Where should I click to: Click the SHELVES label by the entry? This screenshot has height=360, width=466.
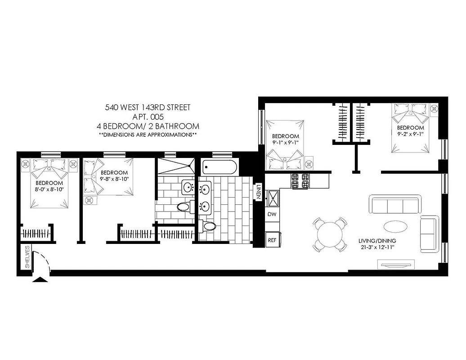pos(27,257)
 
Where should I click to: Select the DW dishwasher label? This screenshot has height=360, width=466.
pos(272,215)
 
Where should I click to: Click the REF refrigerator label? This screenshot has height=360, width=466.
pos(272,240)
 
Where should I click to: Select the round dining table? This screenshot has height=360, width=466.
pos(331,234)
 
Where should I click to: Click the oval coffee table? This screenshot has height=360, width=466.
pos(396,226)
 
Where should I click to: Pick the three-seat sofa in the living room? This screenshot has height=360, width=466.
pos(394,204)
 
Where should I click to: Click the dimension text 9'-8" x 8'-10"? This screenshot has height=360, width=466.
pos(114,179)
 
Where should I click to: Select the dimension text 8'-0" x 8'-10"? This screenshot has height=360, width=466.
pos(49,189)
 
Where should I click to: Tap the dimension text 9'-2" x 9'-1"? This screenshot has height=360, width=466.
pos(411,134)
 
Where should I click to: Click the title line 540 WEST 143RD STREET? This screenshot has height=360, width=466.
pos(148,108)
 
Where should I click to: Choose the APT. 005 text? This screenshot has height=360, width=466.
pos(148,117)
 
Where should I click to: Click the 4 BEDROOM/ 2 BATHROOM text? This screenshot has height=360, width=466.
pos(148,126)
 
